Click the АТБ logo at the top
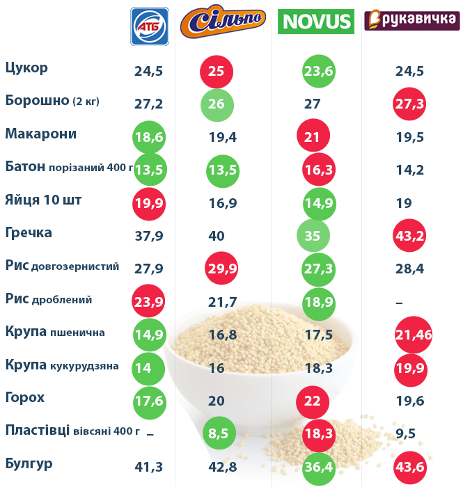(150, 26)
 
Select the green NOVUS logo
(315, 22)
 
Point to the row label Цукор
(26, 68)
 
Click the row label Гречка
(29, 232)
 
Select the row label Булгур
(29, 463)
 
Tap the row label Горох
(25, 398)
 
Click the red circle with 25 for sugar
(216, 71)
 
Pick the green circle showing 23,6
(320, 71)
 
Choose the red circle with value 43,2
(410, 236)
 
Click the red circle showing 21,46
(413, 335)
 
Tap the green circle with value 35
(313, 236)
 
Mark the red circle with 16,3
(320, 169)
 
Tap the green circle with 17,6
(149, 401)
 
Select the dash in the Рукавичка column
(398, 301)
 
